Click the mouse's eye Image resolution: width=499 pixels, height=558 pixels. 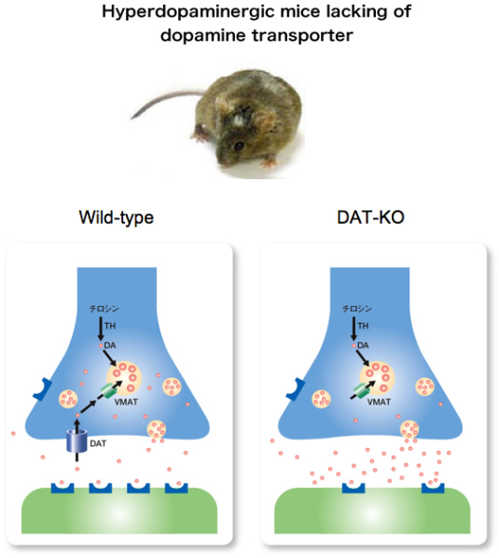pos(239,146)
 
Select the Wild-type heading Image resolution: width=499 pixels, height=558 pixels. pos(117,217)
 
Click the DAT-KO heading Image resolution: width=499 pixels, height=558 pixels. pos(370,217)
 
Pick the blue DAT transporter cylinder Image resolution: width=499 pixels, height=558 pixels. pos(76,440)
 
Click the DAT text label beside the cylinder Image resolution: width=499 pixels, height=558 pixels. pos(98,443)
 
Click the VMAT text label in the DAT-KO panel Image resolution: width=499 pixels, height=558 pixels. pos(379,402)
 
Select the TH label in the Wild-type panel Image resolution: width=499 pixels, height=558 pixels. pos(110,326)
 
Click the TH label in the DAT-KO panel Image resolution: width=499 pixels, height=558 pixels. pos(363,326)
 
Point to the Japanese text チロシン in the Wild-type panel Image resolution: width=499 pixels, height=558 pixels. pos(104,309)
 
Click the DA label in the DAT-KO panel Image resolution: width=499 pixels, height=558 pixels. pos(363,345)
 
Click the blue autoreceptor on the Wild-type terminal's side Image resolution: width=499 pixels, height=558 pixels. pos(43,390)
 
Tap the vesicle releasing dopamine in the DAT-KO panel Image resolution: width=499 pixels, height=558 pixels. pos(409,429)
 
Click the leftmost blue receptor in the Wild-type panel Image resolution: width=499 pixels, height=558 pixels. pos(62,488)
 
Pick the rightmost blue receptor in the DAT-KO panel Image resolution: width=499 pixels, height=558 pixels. pos(433,488)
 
